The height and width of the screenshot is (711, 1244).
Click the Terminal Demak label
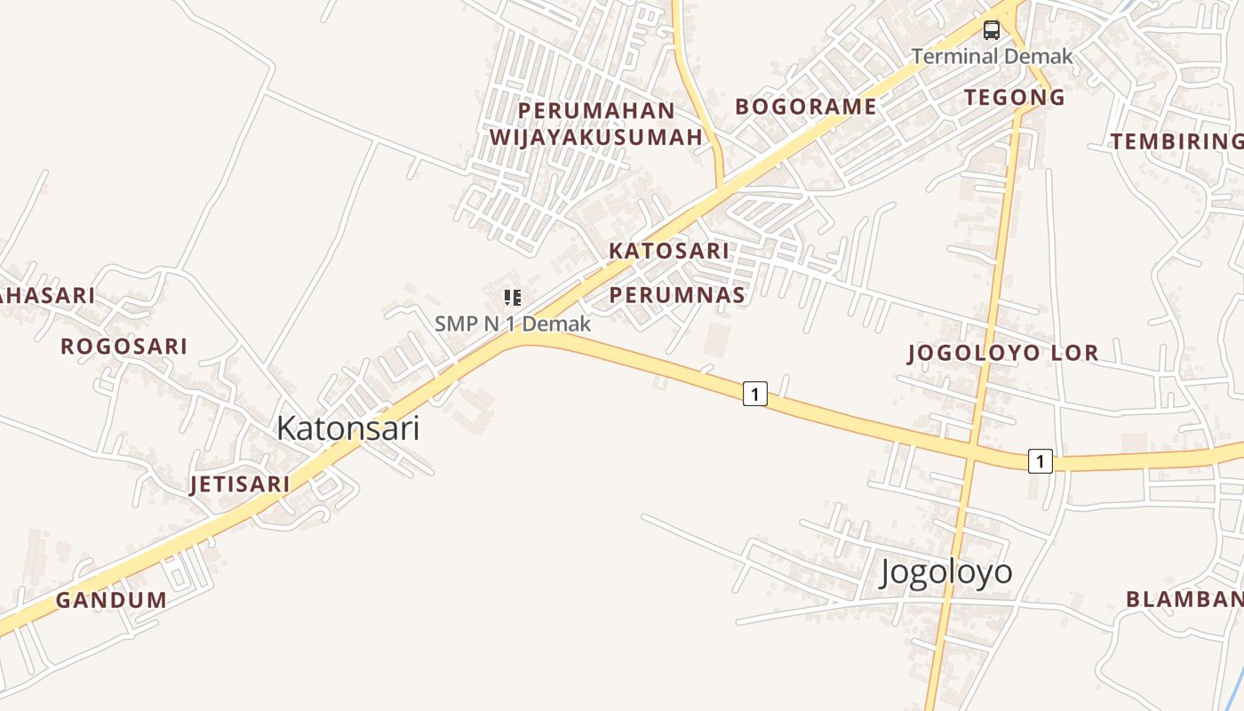992,56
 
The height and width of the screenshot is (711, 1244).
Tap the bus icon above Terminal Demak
991,30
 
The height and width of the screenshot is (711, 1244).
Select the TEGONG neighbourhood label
1015,98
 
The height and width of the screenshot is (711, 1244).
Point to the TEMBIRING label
1176,141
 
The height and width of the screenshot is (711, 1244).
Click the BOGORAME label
806,107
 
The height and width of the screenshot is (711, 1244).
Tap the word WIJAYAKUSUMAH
596,137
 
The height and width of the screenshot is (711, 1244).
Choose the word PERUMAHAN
596,110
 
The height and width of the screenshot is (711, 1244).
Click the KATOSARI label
669,251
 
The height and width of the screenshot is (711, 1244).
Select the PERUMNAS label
677,295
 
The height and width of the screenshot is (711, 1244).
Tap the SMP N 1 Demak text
513,324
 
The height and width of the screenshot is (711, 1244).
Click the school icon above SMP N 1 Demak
512,297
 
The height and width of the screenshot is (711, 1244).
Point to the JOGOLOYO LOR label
1003,353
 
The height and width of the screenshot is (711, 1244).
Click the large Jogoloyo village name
945,571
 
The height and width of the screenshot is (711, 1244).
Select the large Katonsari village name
347,428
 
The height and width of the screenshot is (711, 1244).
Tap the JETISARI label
240,484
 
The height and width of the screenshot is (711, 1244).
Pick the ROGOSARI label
124,346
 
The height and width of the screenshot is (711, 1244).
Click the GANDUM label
111,600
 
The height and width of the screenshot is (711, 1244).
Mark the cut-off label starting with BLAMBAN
1184,599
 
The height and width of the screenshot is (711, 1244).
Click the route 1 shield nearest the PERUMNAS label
754,393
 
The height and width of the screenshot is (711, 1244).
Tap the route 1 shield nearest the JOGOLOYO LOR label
1041,461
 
